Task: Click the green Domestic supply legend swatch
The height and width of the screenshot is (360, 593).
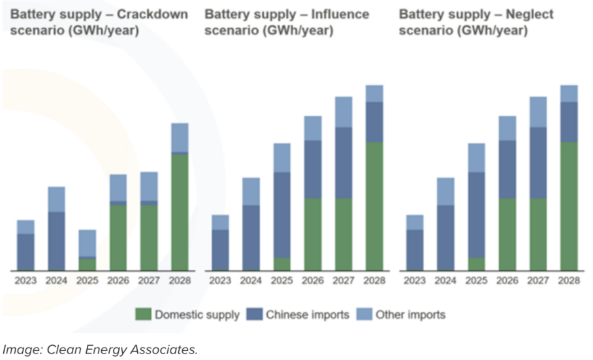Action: click(144, 315)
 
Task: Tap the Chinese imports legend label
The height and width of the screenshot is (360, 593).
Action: click(307, 315)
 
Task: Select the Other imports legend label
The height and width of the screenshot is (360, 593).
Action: click(409, 315)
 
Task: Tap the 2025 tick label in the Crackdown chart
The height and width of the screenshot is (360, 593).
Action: click(88, 282)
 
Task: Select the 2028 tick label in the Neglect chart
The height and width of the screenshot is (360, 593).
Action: click(569, 282)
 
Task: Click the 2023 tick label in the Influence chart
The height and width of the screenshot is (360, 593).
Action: click(220, 282)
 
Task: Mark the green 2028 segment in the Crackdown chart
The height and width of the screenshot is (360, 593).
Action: click(179, 212)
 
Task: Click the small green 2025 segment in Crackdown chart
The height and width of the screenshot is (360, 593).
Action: click(88, 264)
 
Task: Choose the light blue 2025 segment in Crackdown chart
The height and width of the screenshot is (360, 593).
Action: click(88, 242)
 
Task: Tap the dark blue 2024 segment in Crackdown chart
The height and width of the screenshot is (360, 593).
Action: click(57, 240)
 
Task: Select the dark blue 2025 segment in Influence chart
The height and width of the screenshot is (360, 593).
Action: click(281, 215)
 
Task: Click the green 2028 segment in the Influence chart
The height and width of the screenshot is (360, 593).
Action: click(374, 206)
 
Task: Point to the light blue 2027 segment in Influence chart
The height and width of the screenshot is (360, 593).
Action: click(344, 112)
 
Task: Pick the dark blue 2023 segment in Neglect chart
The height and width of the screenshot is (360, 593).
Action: click(415, 250)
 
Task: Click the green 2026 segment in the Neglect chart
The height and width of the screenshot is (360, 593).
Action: click(507, 234)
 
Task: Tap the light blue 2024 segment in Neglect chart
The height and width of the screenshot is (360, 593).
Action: click(445, 191)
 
